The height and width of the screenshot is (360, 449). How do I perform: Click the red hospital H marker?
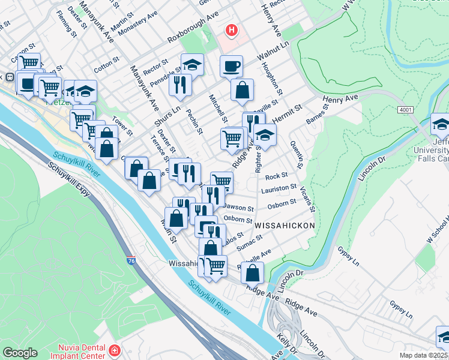point(231,29)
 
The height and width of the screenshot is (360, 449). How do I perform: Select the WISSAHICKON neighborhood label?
point(285,224)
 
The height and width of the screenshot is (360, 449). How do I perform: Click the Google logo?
point(20,353)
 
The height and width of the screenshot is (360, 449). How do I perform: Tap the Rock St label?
point(277,176)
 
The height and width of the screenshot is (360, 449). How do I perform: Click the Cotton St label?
point(106,62)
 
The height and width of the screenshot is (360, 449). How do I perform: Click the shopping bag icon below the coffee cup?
point(242,90)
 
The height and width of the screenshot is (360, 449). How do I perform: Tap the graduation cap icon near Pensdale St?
point(192,64)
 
